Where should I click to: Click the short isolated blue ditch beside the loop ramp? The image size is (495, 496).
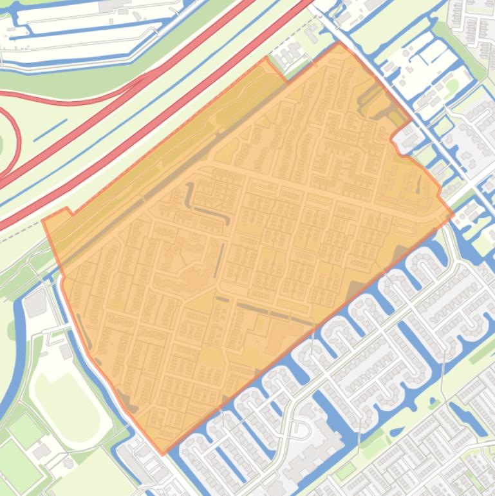click(x=50, y=129)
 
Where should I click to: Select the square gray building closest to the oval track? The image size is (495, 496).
click(x=66, y=352)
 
